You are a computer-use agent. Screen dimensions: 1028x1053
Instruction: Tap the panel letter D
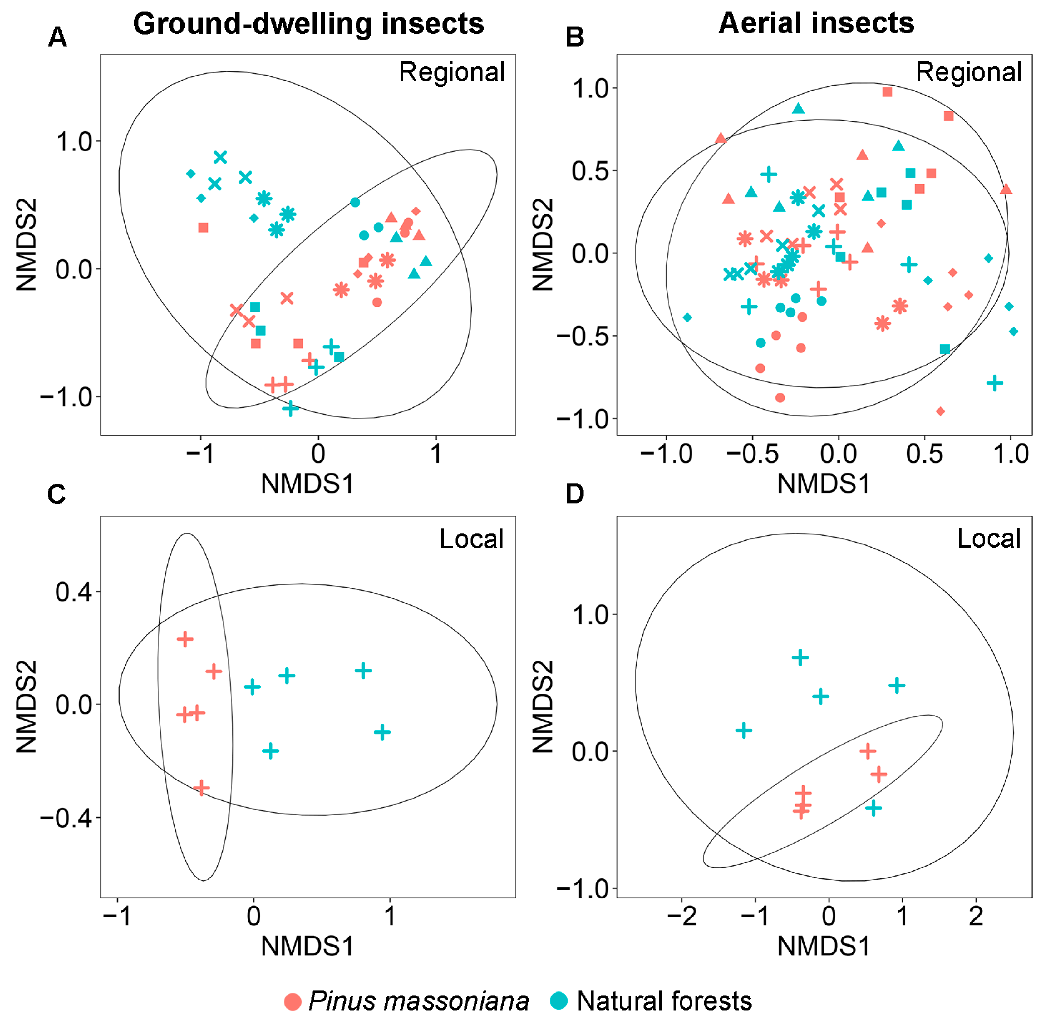click(574, 494)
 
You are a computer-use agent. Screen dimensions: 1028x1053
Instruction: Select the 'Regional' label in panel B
click(969, 72)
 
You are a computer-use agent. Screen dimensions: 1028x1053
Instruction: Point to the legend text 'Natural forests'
click(664, 1001)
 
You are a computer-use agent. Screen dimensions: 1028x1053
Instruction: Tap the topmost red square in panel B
click(887, 92)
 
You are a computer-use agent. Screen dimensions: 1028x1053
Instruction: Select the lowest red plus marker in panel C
click(201, 788)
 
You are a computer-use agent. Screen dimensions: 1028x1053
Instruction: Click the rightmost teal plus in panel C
click(382, 733)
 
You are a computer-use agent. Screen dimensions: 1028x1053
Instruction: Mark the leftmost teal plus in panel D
click(744, 730)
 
